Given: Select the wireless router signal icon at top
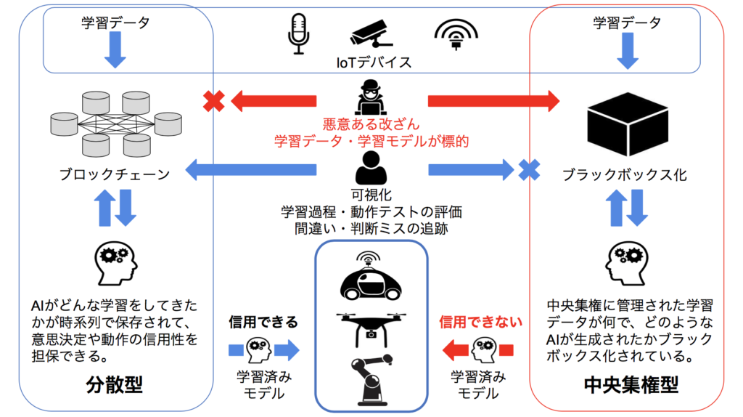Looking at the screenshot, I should tap(456, 33).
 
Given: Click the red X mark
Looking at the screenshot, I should tap(213, 101).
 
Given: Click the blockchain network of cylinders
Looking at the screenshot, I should tap(116, 124).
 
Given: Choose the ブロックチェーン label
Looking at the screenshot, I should tap(116, 174).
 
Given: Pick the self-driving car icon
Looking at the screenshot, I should tap(371, 279).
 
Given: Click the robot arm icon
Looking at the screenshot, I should tap(371, 378).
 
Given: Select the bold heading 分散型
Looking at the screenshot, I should tap(116, 384).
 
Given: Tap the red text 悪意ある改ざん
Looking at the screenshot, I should tap(371, 125).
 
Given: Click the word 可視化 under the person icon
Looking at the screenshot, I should tap(371, 195).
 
